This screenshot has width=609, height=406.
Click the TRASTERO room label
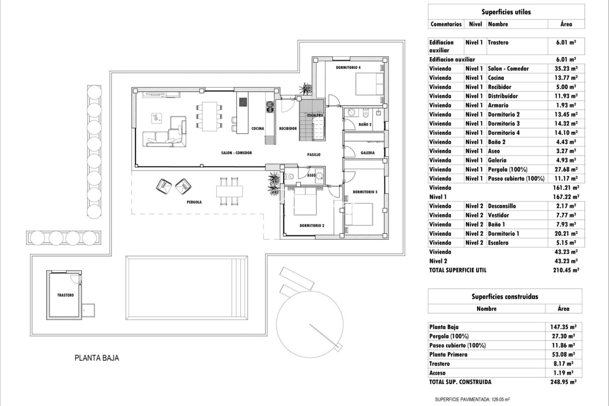click(65, 295)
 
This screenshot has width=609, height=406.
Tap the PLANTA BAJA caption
click(97, 358)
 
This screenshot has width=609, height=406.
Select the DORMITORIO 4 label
click(348, 68)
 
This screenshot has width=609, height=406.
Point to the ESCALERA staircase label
click(315, 115)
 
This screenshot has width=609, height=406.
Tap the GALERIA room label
click(367, 153)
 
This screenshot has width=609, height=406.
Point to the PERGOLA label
click(194, 202)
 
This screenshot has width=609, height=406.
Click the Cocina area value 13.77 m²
click(563, 78)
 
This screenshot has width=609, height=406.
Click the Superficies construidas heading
click(504, 297)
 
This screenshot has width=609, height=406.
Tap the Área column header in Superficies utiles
click(566, 24)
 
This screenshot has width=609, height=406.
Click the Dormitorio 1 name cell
click(503, 233)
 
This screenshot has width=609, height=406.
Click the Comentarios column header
click(446, 24)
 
